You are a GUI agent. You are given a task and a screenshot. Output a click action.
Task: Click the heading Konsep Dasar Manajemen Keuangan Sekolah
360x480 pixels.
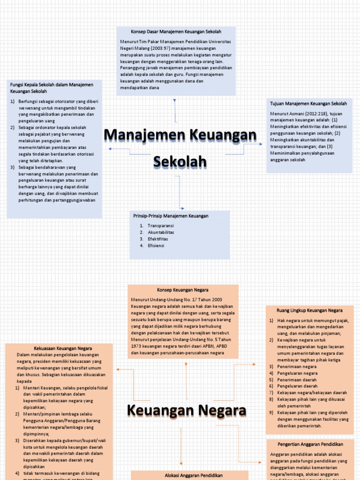(176, 31)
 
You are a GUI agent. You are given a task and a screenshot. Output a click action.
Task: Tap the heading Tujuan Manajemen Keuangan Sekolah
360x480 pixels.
(308, 103)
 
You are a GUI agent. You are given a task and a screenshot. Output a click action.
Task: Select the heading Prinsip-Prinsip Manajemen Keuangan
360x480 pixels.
(171, 216)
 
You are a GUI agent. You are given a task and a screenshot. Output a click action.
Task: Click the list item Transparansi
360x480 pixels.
(161, 225)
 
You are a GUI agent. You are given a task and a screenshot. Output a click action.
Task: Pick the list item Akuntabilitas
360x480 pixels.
(161, 232)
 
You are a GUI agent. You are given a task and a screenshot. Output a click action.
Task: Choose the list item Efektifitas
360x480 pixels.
(157, 239)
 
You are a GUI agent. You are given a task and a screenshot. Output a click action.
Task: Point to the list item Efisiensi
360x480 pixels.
(156, 245)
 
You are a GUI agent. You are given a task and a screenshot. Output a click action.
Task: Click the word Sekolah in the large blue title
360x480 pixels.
(180, 162)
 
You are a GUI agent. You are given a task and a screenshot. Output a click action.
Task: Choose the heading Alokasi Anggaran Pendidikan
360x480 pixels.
(189, 475)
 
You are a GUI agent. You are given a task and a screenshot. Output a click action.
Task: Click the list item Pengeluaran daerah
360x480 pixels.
(297, 386)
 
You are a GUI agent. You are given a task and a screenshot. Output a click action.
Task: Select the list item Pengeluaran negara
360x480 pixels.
(297, 373)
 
